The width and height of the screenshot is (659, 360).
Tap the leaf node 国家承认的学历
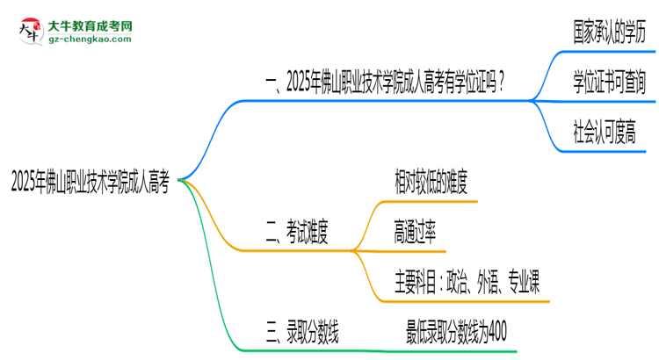click(x=608, y=32)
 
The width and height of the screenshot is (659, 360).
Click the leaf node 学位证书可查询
click(x=608, y=83)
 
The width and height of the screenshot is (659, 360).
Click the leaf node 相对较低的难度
click(x=431, y=184)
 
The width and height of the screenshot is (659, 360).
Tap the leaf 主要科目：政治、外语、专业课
click(x=467, y=283)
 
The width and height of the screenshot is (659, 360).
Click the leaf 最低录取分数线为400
click(x=456, y=332)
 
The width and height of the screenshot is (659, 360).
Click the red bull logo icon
click(x=28, y=30)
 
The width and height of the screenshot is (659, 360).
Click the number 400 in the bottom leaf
click(x=495, y=332)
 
